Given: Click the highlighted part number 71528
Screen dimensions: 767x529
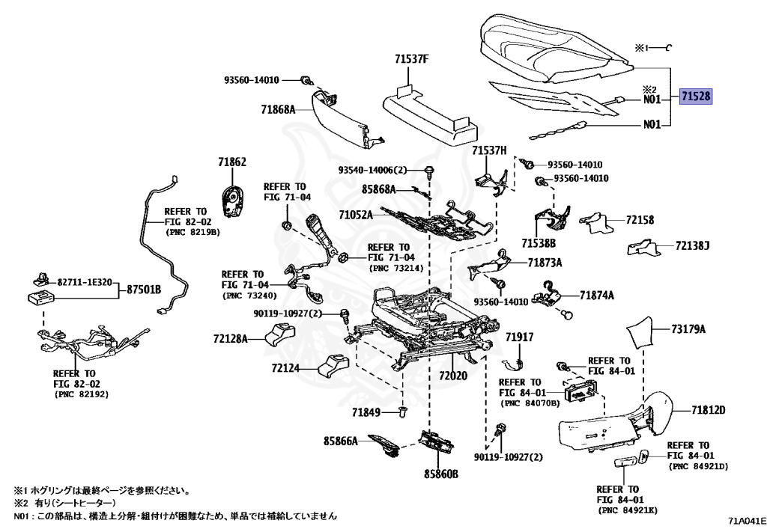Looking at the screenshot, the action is [696, 97].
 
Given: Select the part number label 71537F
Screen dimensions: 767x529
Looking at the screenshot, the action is [412, 59].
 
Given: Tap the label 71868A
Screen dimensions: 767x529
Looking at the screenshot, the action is [279, 109].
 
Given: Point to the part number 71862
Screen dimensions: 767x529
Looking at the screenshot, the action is [232, 162].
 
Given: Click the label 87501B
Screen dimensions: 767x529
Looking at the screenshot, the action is [144, 290].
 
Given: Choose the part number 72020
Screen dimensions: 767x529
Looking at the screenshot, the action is [453, 375].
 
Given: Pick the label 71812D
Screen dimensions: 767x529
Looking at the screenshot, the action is [709, 410].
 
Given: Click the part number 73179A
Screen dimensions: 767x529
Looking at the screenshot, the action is [688, 329].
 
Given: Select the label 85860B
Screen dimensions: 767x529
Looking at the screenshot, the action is [441, 474].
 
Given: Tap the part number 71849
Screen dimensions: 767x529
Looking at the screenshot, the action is [366, 412].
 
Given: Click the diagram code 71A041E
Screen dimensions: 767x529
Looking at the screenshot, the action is [747, 521].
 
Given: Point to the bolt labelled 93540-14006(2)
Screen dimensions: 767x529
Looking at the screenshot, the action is [429, 171].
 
